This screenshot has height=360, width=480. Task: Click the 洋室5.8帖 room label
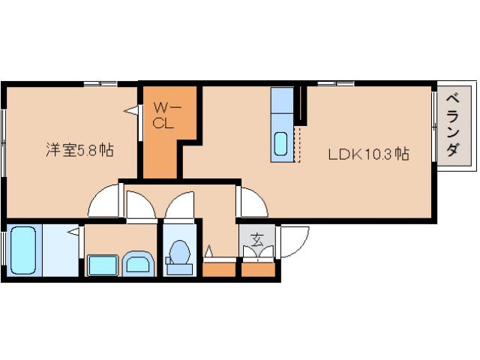(x=78, y=150)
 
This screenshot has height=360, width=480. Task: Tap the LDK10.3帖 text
(x=367, y=155)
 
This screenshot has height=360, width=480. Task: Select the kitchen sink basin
(x=281, y=142)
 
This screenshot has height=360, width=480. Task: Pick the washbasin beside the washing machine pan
(x=137, y=263)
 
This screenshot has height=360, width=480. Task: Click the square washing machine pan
(x=102, y=265)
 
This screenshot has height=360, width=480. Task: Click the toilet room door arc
(x=179, y=205)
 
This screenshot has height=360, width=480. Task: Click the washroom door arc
(x=139, y=205)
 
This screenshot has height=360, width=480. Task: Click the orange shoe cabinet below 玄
(x=257, y=268)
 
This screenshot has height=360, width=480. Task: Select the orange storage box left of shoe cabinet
(x=220, y=268)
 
